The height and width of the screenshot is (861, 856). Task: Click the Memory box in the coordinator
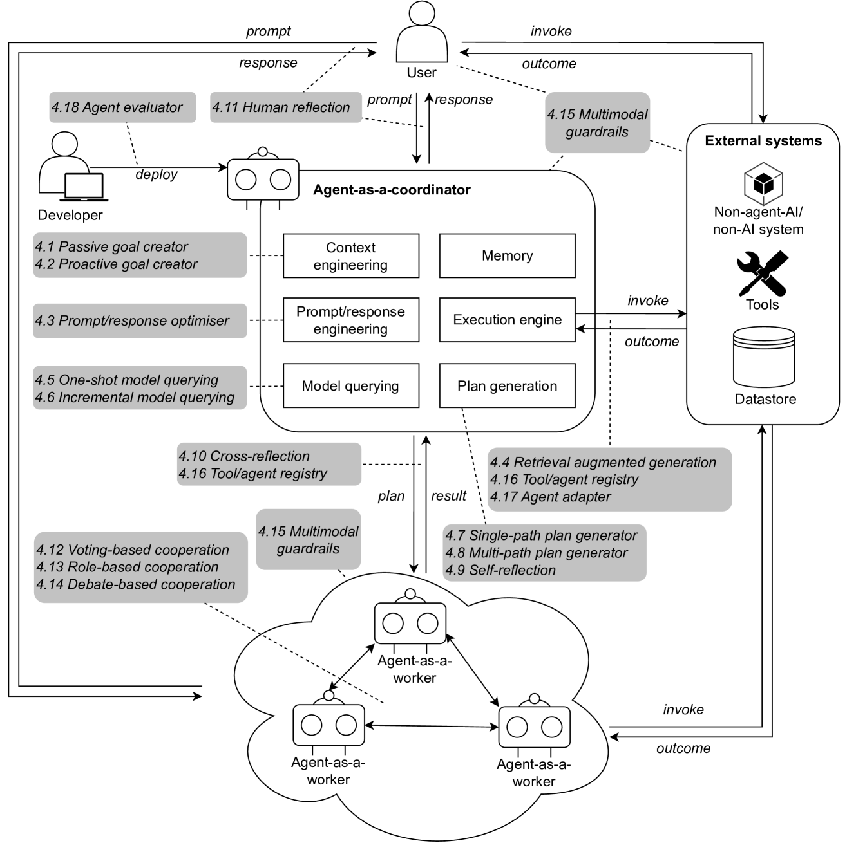[507, 256]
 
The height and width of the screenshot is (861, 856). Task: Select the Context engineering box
[351, 256]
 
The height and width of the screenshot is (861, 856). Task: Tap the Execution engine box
[507, 320]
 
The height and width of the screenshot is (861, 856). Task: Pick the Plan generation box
[507, 386]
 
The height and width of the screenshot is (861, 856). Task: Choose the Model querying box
[351, 386]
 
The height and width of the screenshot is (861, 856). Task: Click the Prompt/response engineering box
[351, 320]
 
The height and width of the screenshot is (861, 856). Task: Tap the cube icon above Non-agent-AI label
[763, 183]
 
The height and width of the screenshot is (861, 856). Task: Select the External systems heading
[763, 141]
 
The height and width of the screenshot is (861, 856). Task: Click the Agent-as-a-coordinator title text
[392, 190]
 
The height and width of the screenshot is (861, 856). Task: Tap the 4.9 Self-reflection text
[500, 570]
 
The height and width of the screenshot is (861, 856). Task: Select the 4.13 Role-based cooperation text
[128, 567]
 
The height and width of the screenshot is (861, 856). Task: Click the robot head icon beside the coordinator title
[263, 178]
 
